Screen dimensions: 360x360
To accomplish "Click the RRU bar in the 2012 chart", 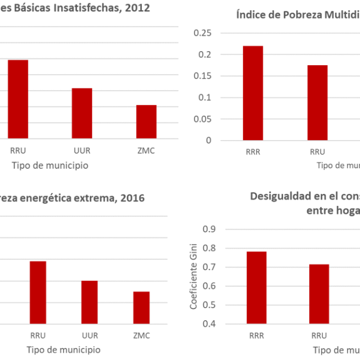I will tap(17, 99).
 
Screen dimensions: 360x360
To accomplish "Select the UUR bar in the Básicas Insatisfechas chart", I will tap(82, 113).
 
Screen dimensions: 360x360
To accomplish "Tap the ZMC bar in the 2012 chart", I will tap(146, 121).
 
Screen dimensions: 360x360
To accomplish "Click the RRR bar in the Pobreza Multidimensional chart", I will tap(253, 93).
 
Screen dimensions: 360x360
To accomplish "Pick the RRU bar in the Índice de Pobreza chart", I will tap(317, 102).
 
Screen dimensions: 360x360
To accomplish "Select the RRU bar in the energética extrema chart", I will tap(38, 292).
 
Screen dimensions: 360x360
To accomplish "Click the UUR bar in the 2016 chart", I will tap(89, 302).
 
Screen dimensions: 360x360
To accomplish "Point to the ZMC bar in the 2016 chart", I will tap(141, 308).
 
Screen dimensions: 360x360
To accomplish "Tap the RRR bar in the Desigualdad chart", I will tap(256, 287).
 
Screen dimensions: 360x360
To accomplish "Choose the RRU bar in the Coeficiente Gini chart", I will tap(319, 294).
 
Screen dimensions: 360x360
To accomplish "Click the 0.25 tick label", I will tap(202, 33).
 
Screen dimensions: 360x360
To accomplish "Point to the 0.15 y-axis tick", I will tap(202, 76).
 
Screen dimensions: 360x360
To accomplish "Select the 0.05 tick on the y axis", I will tap(202, 119).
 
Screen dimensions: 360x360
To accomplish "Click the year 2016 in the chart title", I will tap(133, 198).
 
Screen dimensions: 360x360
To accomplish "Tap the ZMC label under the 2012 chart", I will tap(145, 151).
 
